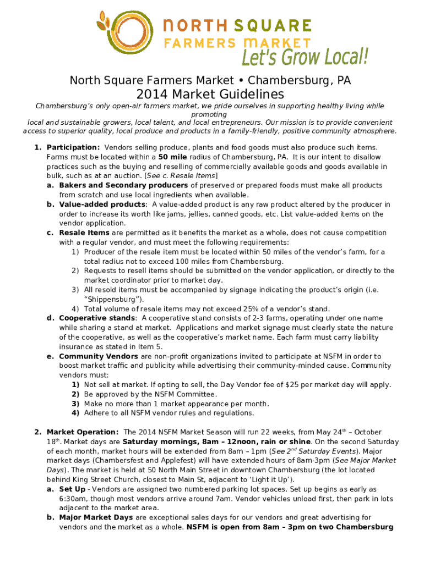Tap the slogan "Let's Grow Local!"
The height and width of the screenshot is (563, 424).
pos(305,57)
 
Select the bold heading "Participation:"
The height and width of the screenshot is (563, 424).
pos(73,147)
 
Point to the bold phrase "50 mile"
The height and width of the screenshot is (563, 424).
pos(175,157)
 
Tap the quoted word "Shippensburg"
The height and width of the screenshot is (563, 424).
pos(113,299)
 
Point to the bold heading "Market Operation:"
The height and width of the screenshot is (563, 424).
pos(83,432)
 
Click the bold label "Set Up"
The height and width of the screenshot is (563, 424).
pos(72,489)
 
